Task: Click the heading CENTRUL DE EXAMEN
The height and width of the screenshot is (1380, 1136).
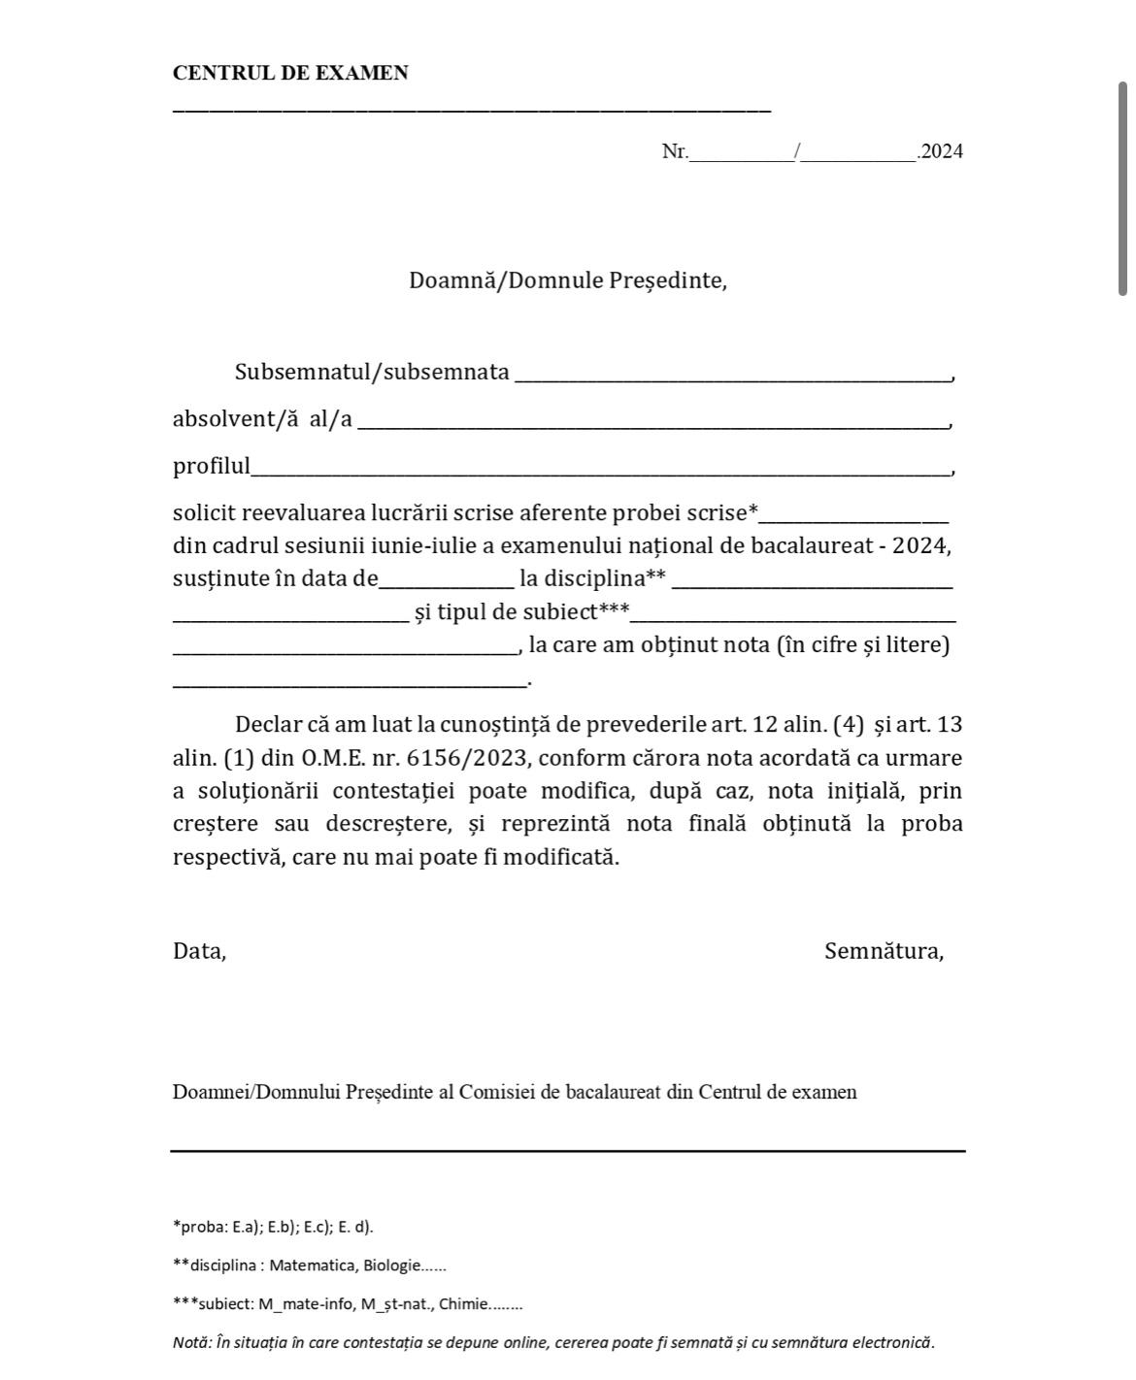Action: click(290, 73)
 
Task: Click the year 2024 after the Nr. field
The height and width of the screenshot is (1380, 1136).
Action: click(942, 150)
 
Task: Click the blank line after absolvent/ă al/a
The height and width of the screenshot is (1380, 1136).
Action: click(652, 419)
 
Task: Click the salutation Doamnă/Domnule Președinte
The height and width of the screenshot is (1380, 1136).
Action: click(567, 280)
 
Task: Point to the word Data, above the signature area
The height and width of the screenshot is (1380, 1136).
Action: click(199, 951)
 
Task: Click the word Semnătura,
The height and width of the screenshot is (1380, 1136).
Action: click(884, 951)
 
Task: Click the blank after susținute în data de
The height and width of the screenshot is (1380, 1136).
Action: click(447, 579)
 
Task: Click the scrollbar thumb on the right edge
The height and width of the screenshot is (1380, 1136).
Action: click(1122, 188)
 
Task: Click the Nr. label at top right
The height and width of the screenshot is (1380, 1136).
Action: click(675, 150)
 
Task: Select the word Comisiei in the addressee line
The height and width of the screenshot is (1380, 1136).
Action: click(495, 1092)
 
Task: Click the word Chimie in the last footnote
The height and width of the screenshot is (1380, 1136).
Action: click(462, 1304)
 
